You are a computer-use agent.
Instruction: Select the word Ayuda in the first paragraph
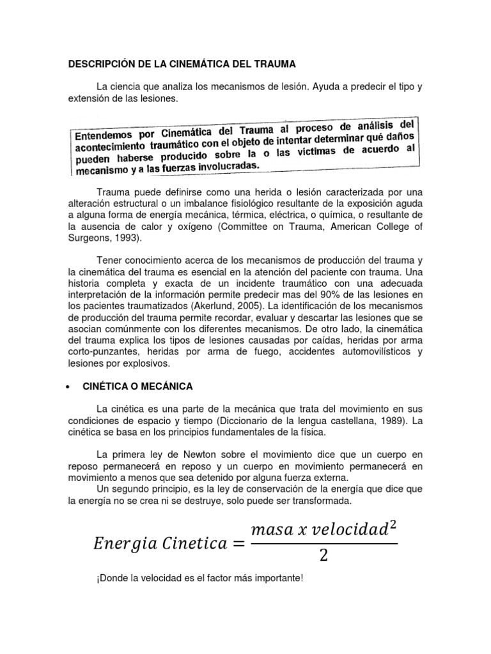tap(327, 86)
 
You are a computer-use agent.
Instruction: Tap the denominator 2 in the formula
tap(323, 555)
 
